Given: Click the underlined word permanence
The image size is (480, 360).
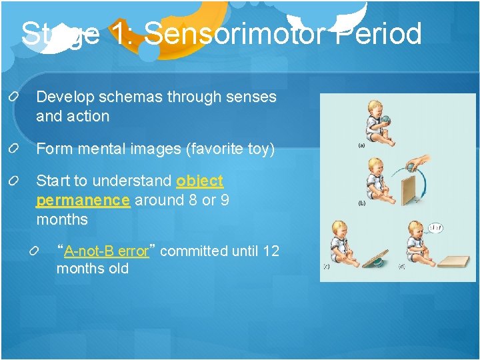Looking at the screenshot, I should tap(83, 200).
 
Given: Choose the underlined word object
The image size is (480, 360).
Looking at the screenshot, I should tap(199, 181).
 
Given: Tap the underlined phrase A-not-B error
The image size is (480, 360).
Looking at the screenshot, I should tap(106, 251).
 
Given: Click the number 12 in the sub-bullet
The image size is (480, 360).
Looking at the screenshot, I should tap(271, 251).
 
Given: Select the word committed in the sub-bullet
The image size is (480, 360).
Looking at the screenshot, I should tap(194, 251).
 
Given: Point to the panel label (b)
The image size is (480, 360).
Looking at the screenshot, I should tap(361, 202).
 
